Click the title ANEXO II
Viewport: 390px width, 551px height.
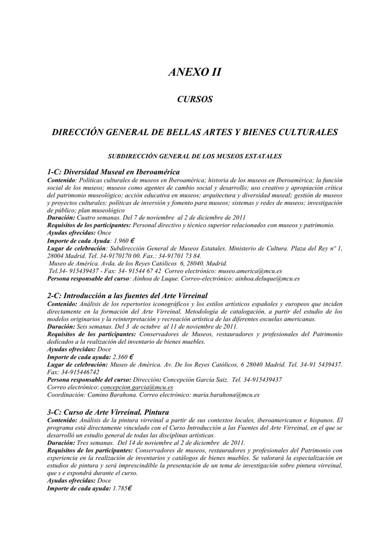tap(195, 72)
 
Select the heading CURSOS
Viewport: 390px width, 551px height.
tap(195, 100)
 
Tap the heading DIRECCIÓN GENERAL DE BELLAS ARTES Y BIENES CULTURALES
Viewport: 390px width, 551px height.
tap(195, 132)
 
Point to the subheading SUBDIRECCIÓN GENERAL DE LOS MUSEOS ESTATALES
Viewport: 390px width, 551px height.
tap(195, 157)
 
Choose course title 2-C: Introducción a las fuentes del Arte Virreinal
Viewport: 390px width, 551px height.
tap(127, 296)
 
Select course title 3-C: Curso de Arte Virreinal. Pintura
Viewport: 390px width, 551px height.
tap(108, 412)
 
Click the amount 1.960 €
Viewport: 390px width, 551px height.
tap(124, 241)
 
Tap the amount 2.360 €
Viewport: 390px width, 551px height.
tap(123, 357)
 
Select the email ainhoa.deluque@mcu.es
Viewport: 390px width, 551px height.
tap(267, 279)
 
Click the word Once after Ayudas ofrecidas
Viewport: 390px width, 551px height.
tap(104, 233)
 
